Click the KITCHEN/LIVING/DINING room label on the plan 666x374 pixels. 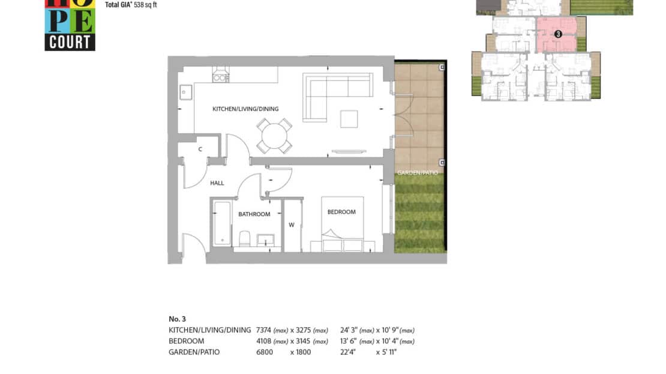coord(245,109)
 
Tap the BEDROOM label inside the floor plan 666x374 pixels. coord(341,212)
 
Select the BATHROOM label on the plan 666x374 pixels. coord(254,214)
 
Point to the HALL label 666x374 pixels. coord(217,183)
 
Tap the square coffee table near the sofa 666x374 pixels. coord(349,119)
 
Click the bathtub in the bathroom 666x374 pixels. coord(222,223)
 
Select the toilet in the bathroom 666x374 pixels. coord(245,239)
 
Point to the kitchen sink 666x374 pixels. coord(185,92)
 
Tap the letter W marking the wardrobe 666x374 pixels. coord(292,225)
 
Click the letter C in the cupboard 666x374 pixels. coord(200,149)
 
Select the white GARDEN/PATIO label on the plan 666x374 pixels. coord(418,172)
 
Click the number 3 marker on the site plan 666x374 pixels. coord(558,34)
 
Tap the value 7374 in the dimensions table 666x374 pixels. coord(263,330)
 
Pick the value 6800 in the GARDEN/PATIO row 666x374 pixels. coord(264,352)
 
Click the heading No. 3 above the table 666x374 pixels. coord(177,319)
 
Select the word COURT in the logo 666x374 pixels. coord(70,43)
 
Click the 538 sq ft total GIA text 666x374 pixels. coord(145,5)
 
